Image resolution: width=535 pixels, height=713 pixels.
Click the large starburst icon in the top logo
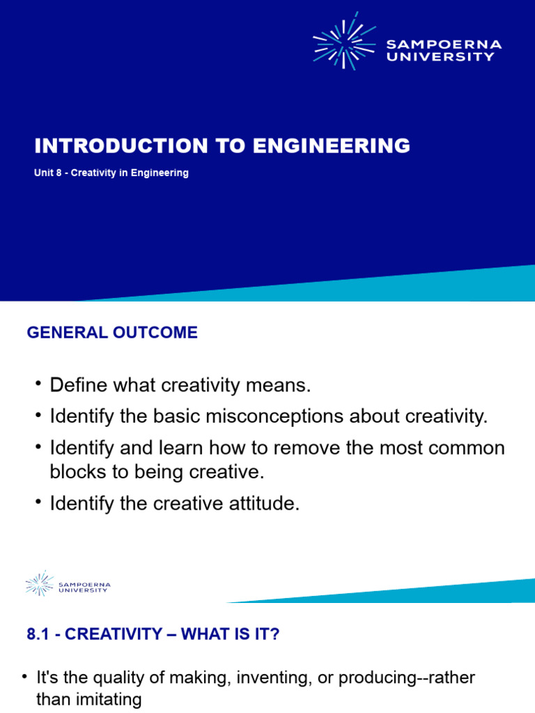pyautogui.click(x=344, y=42)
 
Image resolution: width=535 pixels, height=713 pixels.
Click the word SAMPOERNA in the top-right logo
pyautogui.click(x=444, y=45)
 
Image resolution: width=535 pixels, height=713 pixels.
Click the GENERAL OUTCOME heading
pyautogui.click(x=112, y=333)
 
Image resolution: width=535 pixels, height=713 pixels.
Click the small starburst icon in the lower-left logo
pyautogui.click(x=40, y=583)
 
